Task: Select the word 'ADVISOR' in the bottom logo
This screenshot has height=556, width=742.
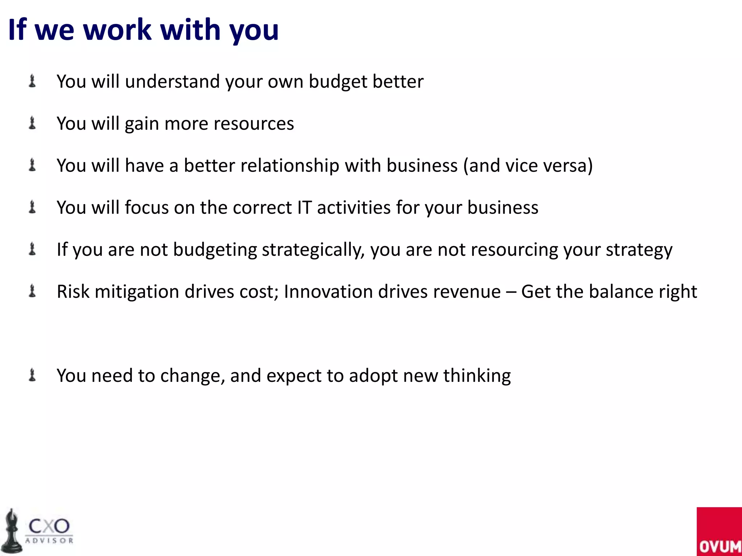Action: click(x=49, y=540)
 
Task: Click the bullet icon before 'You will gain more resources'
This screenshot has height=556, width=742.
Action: click(x=32, y=123)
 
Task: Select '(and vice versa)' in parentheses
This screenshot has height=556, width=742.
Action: click(x=528, y=166)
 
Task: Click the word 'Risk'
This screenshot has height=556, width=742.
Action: click(x=73, y=292)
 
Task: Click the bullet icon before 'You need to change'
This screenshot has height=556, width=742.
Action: click(x=32, y=375)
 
